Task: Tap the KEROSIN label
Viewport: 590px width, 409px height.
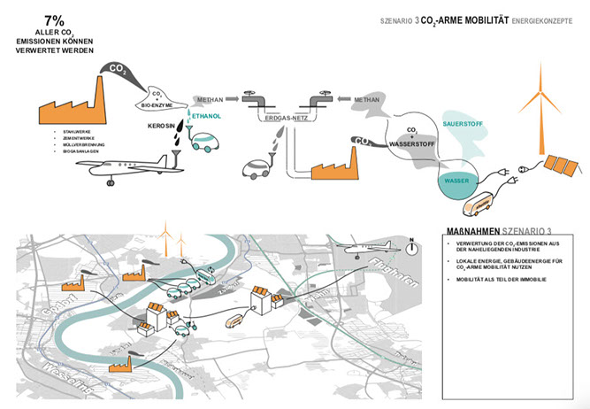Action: (164, 127)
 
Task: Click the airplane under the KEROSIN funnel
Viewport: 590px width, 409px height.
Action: (146, 167)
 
